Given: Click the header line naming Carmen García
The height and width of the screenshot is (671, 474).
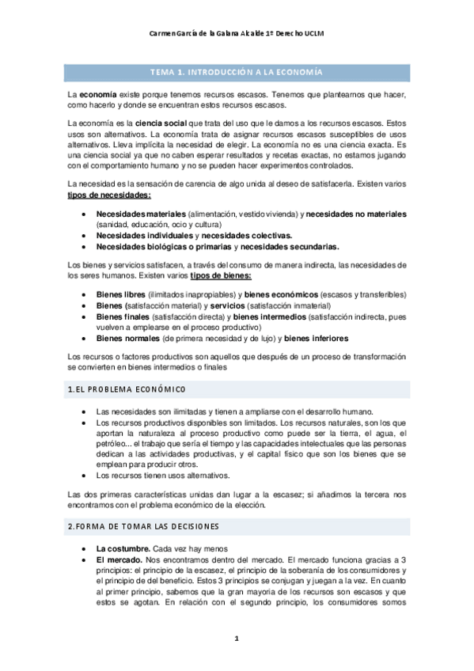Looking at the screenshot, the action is [237, 34].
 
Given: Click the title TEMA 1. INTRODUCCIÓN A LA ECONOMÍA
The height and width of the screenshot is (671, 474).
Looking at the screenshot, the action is [237, 72].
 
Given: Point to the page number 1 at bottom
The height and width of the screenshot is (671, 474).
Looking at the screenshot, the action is [237, 638].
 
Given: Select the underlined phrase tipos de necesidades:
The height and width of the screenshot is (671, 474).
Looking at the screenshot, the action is [116, 195].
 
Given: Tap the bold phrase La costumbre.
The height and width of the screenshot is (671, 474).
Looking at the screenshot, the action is [123, 548].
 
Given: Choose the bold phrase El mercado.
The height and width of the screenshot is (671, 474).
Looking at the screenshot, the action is [119, 559].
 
